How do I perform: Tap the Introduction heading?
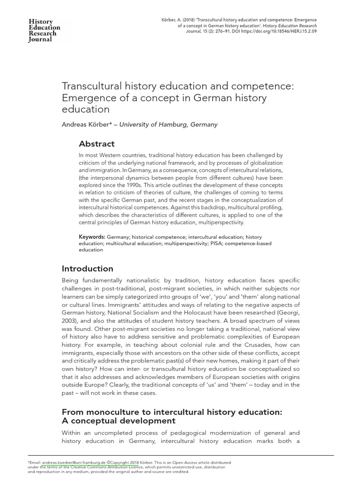pos(87,269)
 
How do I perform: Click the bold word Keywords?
pos(92,237)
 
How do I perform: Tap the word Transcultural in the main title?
pos(93,86)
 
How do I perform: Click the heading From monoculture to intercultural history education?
pos(172,412)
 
